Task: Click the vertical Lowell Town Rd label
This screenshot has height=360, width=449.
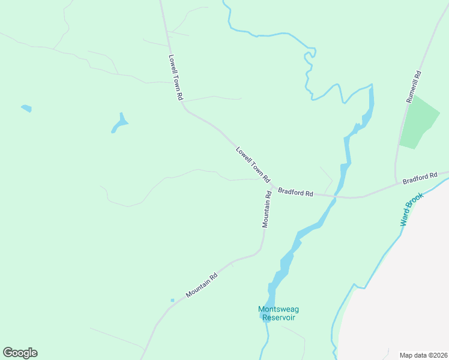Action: (175, 77)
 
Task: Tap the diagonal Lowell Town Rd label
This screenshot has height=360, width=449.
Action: (253, 165)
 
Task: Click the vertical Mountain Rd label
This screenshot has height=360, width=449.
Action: (267, 209)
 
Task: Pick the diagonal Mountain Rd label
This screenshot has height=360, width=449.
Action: (201, 286)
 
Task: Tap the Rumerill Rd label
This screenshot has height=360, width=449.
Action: (414, 87)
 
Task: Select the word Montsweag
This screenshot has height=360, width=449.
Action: (278, 310)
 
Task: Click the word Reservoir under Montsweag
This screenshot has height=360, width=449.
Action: (278, 318)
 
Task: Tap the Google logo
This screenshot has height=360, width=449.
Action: (20, 353)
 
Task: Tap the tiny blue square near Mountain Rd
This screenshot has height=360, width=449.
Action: (172, 300)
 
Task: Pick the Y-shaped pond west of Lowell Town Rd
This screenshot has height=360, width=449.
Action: (119, 124)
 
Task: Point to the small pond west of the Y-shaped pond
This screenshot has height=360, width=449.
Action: (26, 109)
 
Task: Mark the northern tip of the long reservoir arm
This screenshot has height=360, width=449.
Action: (371, 86)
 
